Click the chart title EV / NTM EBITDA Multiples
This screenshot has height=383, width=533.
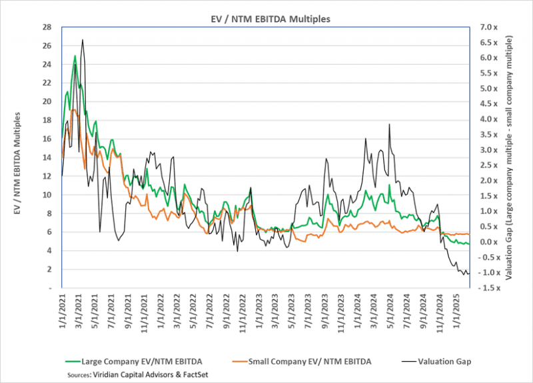(x=266, y=19)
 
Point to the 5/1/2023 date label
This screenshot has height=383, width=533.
(x=291, y=310)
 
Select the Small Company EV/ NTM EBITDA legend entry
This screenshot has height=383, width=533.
(x=306, y=361)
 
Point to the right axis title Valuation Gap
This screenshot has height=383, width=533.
(x=510, y=157)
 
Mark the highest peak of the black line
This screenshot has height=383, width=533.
(x=82, y=40)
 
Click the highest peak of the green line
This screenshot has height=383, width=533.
(x=75, y=56)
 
